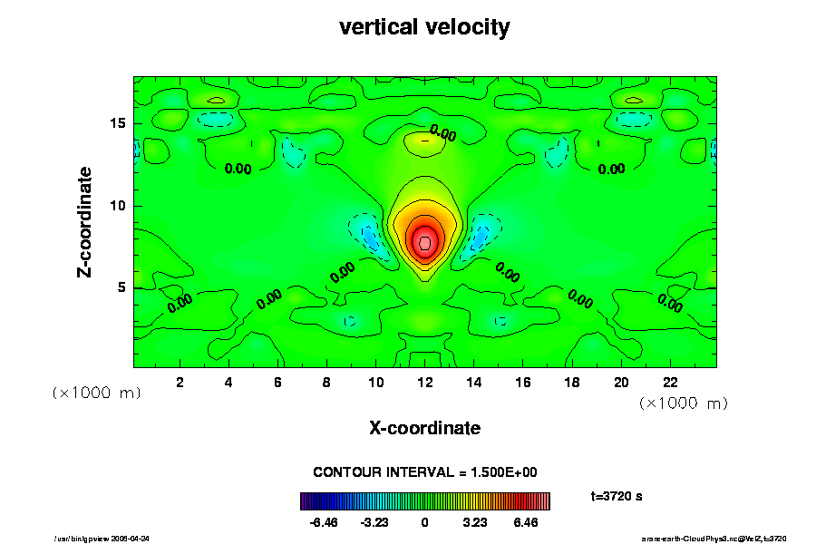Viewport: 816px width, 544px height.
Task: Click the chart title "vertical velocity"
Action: pos(424,27)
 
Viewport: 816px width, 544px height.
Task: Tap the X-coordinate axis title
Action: pos(424,427)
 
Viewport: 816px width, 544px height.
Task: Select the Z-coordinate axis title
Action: pos(85,222)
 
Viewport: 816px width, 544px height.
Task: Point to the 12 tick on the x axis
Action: pos(424,383)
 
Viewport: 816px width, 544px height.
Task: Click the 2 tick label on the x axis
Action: pos(180,383)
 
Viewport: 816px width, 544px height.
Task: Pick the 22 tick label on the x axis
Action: pos(670,383)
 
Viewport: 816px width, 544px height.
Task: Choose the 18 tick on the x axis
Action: pos(572,383)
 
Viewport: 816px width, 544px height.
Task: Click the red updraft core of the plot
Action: pos(424,242)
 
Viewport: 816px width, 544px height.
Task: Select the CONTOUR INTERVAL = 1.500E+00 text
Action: pos(425,472)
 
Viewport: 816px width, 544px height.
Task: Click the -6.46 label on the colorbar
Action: pos(324,523)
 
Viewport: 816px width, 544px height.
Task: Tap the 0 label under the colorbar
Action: pos(424,523)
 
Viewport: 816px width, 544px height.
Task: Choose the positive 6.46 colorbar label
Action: pos(525,523)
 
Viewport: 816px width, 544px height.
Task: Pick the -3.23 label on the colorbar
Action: pos(374,523)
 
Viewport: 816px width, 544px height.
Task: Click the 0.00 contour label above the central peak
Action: pos(443,134)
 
